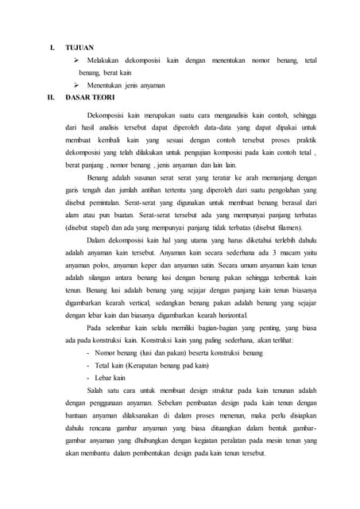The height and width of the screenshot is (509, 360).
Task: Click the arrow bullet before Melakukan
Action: (77, 60)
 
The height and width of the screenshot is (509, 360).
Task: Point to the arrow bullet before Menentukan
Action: (77, 85)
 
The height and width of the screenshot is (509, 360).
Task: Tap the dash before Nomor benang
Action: (87, 352)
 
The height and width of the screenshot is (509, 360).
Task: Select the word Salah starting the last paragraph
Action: (97, 390)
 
